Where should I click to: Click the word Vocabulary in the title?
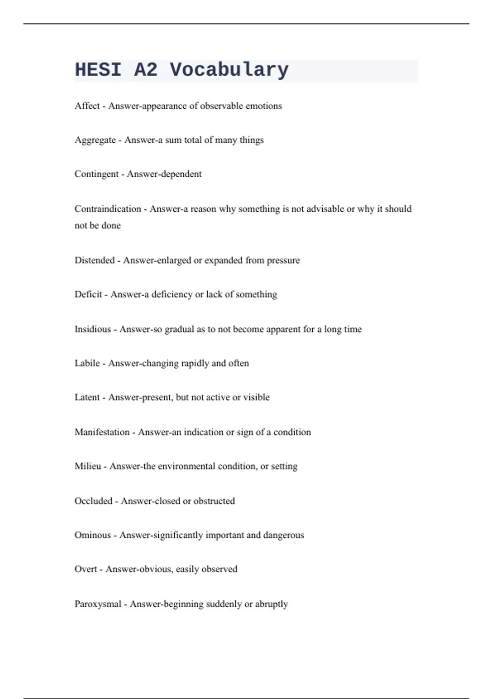229,70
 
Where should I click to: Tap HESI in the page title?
98,70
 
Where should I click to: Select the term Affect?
87,106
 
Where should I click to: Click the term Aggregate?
95,140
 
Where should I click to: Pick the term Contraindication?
108,209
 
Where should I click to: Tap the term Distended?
94,260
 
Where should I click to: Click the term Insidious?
92,329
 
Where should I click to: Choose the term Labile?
87,363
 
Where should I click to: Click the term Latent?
87,398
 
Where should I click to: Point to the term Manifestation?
102,432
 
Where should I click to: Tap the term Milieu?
88,466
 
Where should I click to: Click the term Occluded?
93,501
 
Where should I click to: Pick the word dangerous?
283,535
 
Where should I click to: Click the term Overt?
85,569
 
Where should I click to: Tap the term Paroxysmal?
98,604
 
